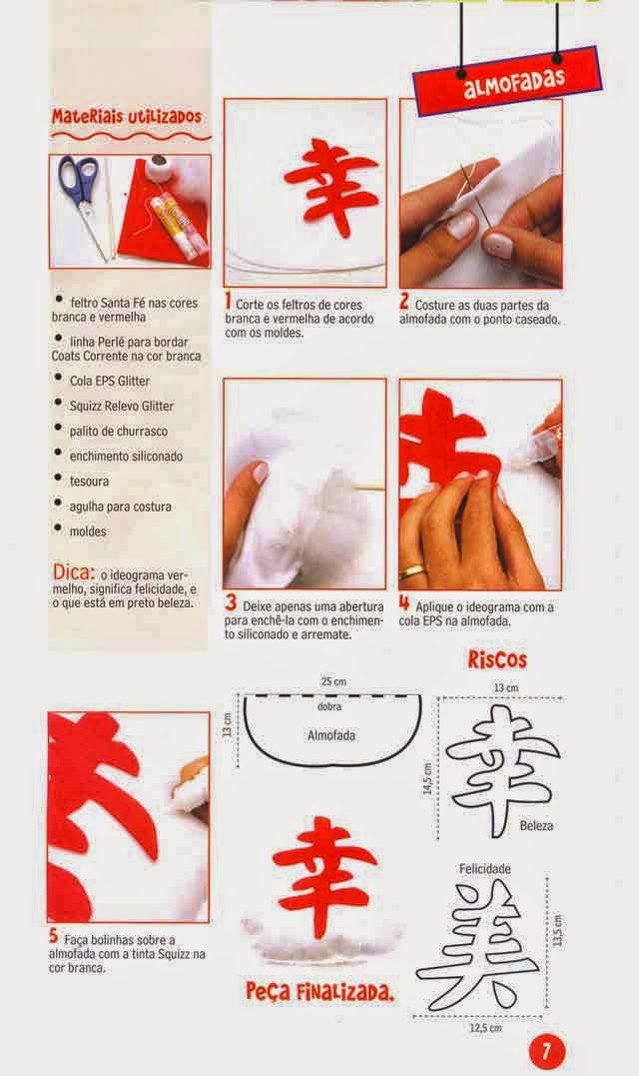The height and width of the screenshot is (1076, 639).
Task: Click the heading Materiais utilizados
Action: click(127, 117)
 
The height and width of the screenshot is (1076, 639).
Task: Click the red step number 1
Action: click(229, 301)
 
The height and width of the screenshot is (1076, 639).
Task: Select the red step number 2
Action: click(404, 301)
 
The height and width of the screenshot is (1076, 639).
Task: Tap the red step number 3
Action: click(231, 603)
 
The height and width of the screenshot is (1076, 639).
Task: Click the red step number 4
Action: click(404, 603)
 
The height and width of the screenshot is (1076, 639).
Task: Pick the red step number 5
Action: click(54, 935)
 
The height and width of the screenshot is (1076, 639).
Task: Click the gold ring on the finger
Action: click(412, 571)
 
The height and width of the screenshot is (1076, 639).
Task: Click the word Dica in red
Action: click(73, 571)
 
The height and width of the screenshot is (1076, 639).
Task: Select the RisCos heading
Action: click(498, 660)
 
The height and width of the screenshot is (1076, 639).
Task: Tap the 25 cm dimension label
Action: click(333, 681)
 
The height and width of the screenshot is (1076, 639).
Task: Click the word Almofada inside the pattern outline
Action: click(331, 735)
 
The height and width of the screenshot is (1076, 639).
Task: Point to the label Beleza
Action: click(536, 825)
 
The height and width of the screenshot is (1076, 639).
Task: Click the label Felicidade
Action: click(484, 869)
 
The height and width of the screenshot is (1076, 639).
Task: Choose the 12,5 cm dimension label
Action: click(485, 1028)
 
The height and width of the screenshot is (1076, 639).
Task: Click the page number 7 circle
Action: click(546, 1051)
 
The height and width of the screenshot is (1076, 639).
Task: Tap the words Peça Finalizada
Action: click(320, 992)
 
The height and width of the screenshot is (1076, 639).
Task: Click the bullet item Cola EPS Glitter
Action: click(110, 381)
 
